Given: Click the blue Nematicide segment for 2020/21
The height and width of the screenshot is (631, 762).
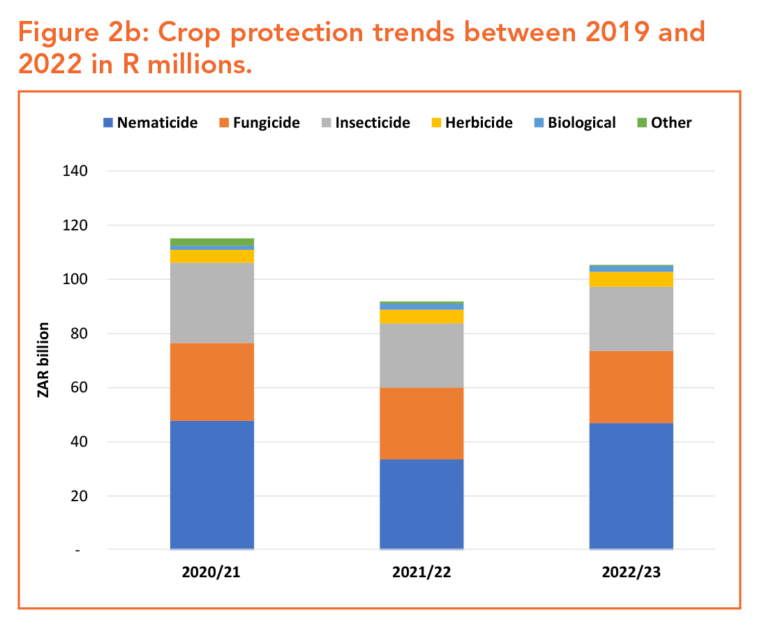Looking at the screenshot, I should pyautogui.click(x=212, y=484).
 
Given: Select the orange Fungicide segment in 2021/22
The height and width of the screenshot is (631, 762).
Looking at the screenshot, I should pyautogui.click(x=421, y=423).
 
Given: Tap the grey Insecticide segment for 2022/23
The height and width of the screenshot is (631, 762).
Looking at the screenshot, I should pyautogui.click(x=631, y=319).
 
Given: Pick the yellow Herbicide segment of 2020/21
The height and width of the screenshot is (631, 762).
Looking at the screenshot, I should pyautogui.click(x=212, y=256).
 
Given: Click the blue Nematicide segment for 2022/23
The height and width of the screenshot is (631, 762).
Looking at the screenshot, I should pyautogui.click(x=631, y=486).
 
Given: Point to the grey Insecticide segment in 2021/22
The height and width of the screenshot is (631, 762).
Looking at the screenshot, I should pyautogui.click(x=421, y=356).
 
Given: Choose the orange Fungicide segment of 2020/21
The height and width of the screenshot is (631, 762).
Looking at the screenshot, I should pyautogui.click(x=212, y=382).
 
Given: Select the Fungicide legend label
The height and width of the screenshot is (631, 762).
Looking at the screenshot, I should pyautogui.click(x=267, y=123).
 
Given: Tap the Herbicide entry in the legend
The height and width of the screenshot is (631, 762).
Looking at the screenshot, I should pyautogui.click(x=479, y=123).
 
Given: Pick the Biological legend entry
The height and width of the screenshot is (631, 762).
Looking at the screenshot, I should pyautogui.click(x=581, y=123).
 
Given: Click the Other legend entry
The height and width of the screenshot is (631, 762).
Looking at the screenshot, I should pyautogui.click(x=671, y=123).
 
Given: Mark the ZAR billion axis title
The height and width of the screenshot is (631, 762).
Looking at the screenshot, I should pyautogui.click(x=44, y=360).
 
